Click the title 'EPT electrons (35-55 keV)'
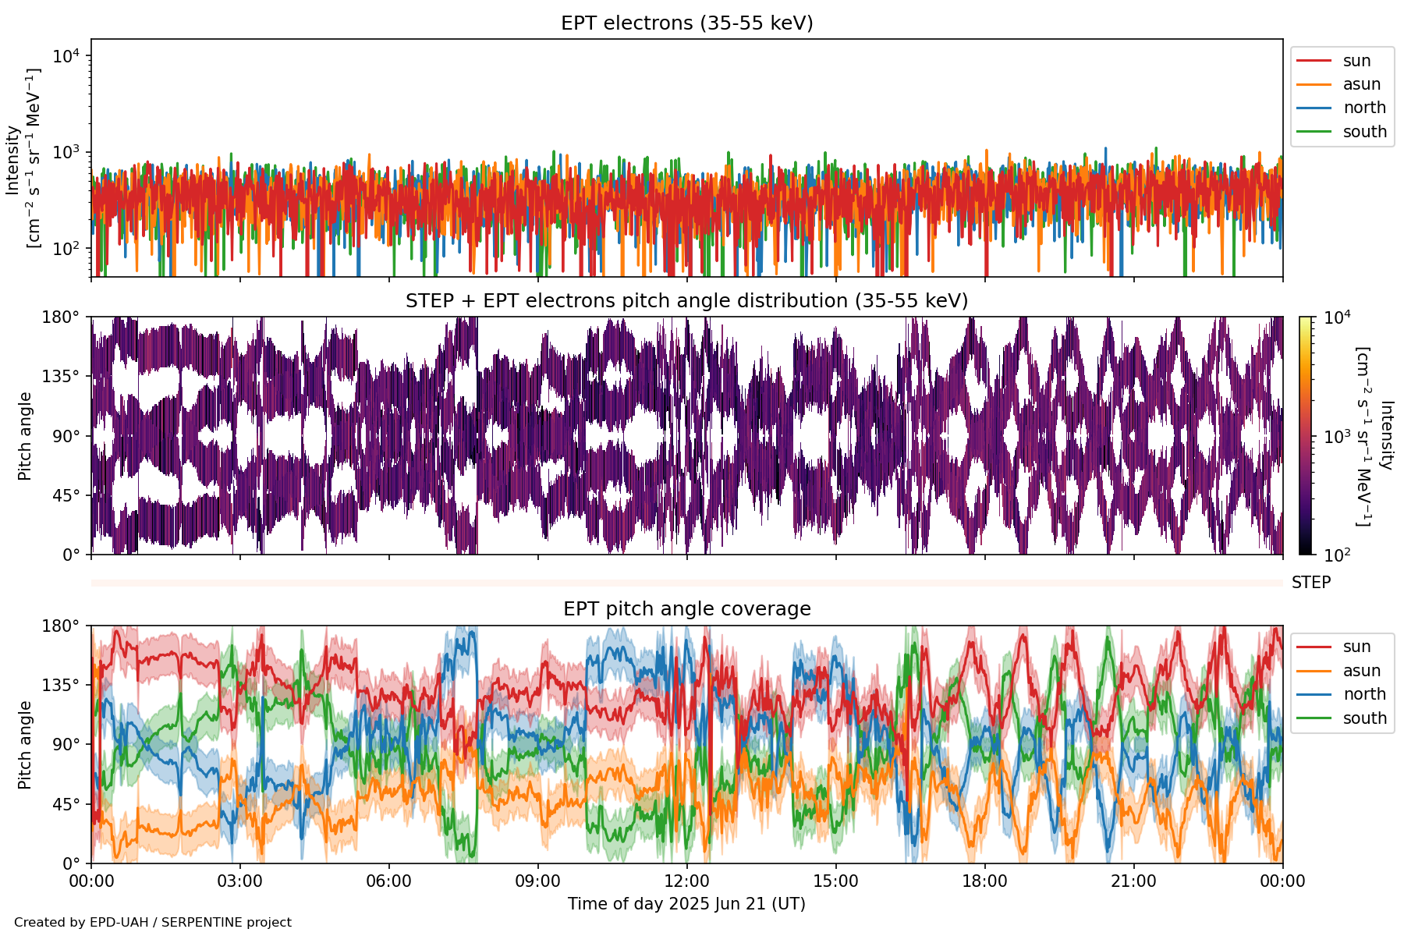coord(686,23)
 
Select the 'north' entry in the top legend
coord(1363,108)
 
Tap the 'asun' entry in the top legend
coord(1361,84)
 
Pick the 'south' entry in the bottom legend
coord(1364,718)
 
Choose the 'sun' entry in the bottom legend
coord(1356,647)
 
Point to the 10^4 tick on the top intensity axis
coord(66,56)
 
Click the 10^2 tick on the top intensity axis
coord(66,249)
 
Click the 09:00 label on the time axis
coord(537,881)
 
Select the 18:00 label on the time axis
coord(984,881)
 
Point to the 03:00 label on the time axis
coord(239,881)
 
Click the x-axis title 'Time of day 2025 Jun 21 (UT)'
coord(686,904)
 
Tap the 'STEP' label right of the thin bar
coord(1310,583)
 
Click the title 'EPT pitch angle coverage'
coord(686,609)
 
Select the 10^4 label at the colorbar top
coord(1337,317)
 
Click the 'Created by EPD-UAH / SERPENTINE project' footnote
coord(153,923)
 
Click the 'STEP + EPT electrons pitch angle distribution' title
coord(686,301)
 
